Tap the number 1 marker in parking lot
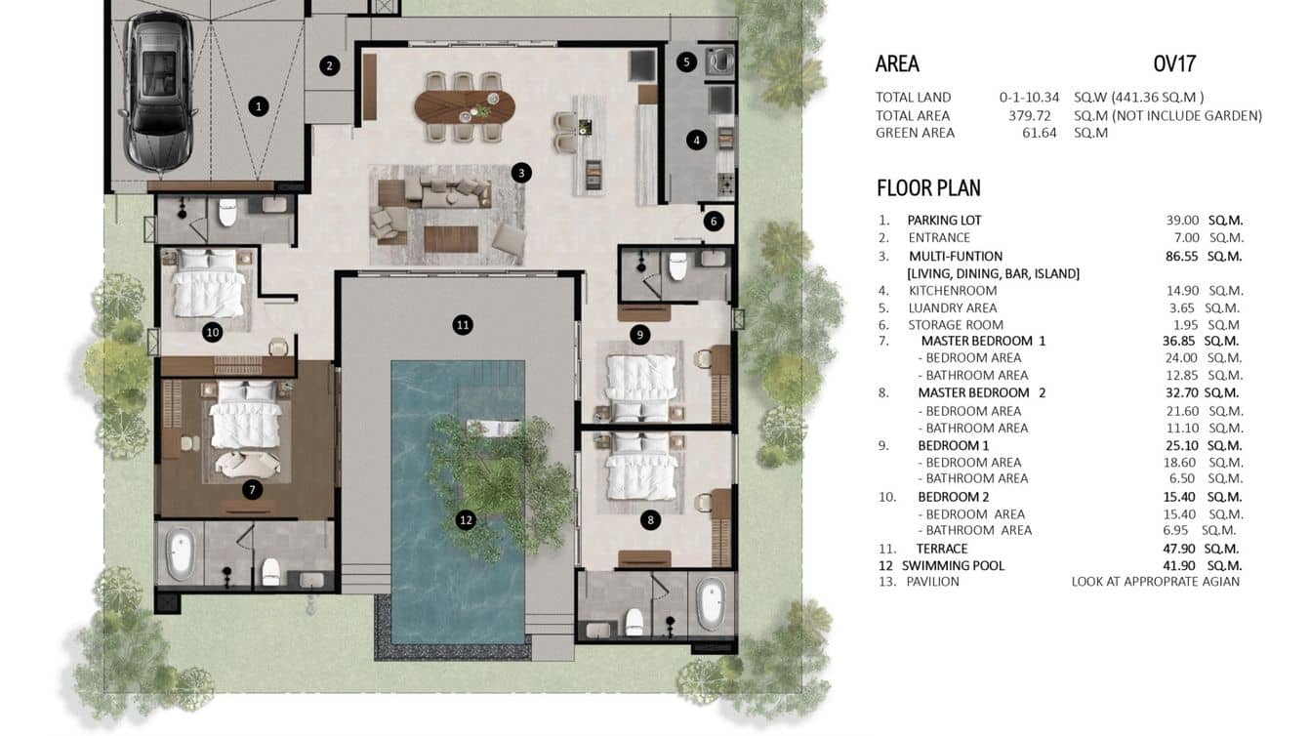click(258, 106)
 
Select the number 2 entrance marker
click(330, 66)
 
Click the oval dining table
click(464, 106)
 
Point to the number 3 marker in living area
click(521, 173)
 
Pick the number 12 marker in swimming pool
click(466, 520)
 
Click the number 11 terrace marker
click(463, 324)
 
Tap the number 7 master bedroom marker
click(252, 489)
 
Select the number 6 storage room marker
click(714, 222)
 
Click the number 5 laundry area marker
click(686, 61)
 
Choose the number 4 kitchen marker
click(696, 140)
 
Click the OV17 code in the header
click(1174, 64)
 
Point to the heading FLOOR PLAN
click(928, 188)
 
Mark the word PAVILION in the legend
click(932, 582)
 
